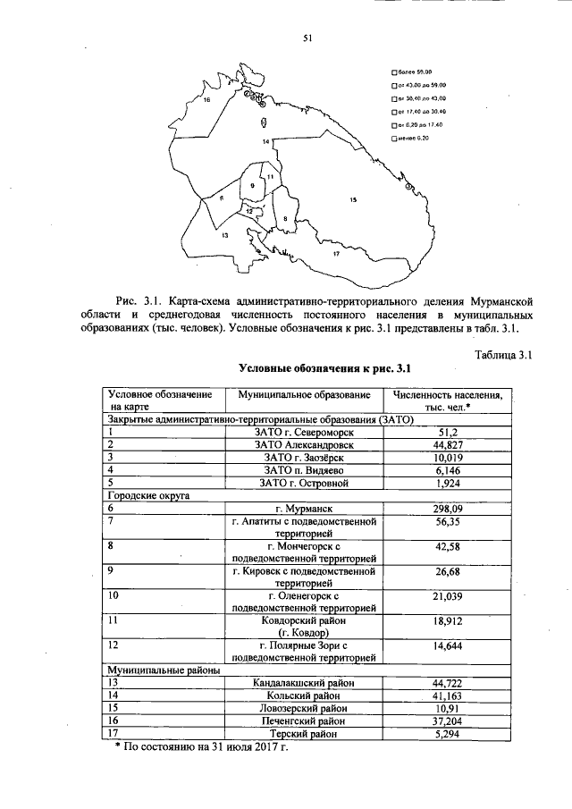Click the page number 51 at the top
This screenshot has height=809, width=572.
tap(307, 38)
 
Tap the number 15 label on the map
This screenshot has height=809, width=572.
tap(353, 199)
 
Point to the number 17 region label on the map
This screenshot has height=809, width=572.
tap(335, 255)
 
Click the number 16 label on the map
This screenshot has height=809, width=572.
tap(206, 101)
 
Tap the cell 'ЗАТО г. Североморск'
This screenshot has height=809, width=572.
tap(305, 431)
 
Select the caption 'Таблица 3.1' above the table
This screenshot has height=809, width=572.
tap(503, 355)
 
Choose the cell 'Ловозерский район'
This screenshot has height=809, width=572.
tap(305, 707)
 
